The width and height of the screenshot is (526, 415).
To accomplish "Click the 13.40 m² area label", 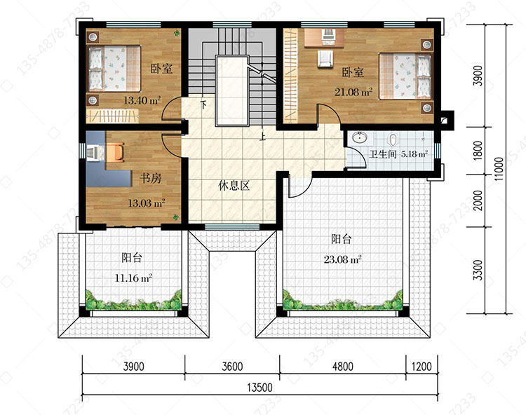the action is click(x=142, y=100).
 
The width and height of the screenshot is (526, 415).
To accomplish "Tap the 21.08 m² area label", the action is click(x=353, y=92).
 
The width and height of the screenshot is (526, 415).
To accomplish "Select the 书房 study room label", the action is click(x=151, y=178).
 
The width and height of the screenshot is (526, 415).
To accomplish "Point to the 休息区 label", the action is click(x=234, y=185).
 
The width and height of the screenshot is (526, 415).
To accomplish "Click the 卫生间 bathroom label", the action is click(x=383, y=154).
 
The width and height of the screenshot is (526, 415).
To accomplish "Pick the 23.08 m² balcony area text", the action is click(x=342, y=259).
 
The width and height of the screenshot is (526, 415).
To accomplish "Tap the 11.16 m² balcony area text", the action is click(x=133, y=278).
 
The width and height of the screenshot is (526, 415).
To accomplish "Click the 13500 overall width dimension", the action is click(x=260, y=388).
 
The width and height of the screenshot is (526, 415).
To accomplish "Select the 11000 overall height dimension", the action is click(x=499, y=170).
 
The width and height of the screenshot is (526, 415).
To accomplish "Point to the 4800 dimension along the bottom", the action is click(x=342, y=367).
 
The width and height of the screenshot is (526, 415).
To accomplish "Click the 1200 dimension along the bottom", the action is click(x=422, y=367).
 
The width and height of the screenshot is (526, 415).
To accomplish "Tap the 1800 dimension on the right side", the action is click(x=478, y=150).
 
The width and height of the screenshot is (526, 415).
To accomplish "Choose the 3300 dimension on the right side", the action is click(x=478, y=270).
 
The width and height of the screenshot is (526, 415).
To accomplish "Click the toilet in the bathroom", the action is click(x=393, y=139).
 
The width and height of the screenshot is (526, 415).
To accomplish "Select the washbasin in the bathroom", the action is click(x=360, y=137).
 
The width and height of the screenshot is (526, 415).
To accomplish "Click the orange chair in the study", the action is click(x=116, y=152).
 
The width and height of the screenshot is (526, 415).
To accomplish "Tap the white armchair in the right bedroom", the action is click(x=325, y=59).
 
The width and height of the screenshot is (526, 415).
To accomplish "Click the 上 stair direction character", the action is click(x=263, y=137).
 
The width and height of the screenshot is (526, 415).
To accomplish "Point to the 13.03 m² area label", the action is click(x=147, y=203).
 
